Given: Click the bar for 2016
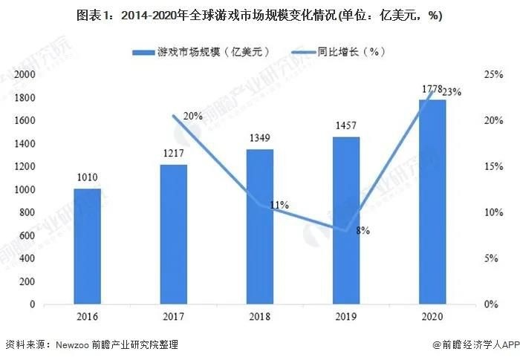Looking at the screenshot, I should point(88,246).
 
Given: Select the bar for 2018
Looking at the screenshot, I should point(260,226).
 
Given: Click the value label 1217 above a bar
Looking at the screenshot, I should point(174,154).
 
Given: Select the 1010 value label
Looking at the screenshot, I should point(88,178).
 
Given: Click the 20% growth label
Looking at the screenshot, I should point(192,116).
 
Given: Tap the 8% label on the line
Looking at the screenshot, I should point(363,231).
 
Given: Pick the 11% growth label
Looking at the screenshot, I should point(279,205).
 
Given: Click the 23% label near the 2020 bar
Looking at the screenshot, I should point(452,92).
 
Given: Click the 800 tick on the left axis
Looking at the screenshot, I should point(27,213).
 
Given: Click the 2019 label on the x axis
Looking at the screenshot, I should point(346,316).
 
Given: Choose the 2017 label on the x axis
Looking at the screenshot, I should point(174,316).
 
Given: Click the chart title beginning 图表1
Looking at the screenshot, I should point(260,16).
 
